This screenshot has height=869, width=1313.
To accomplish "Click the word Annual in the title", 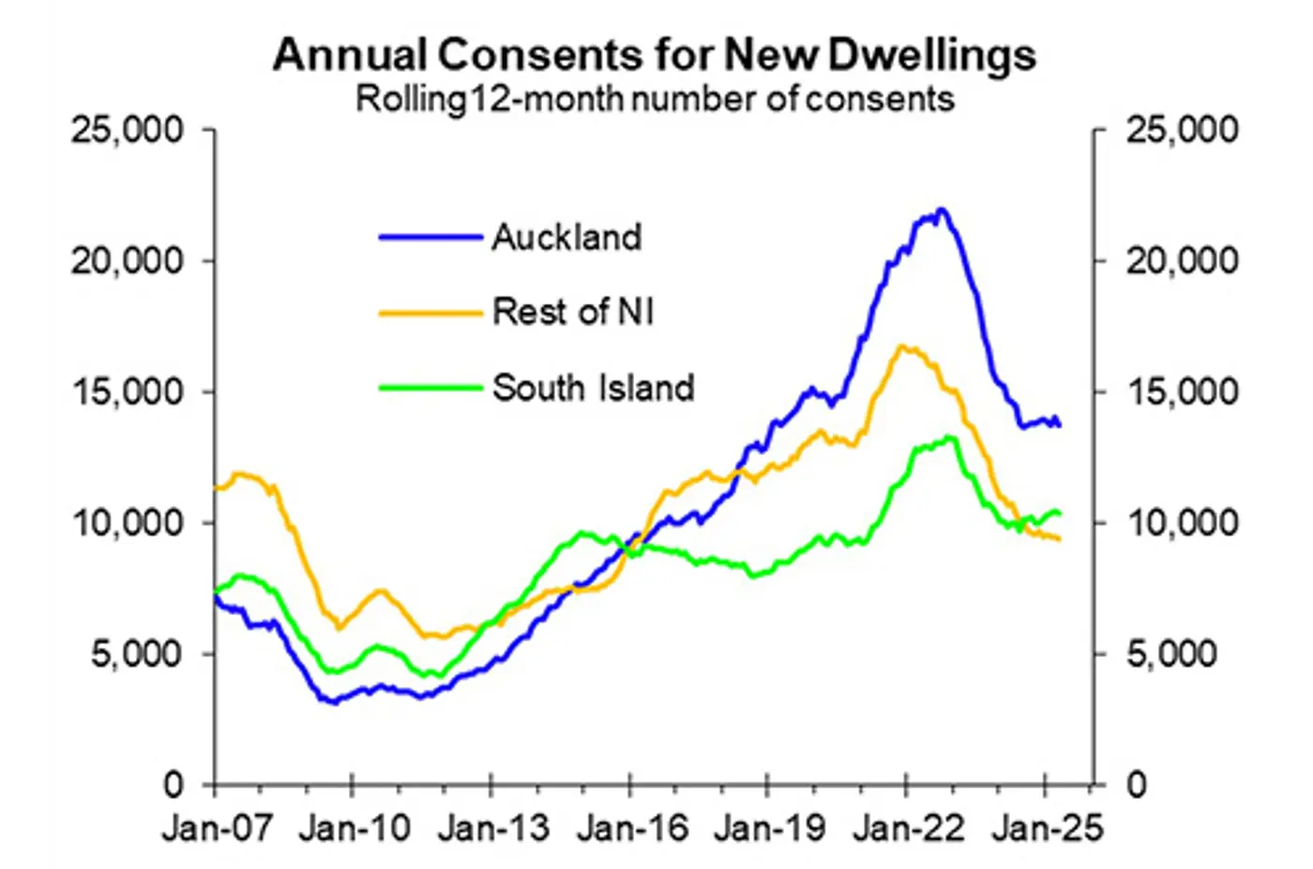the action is coord(349,54).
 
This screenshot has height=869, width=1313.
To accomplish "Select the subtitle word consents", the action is coord(880,98).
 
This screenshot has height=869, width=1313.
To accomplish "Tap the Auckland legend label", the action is coord(566,237).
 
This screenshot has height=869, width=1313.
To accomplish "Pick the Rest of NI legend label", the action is coord(573,312).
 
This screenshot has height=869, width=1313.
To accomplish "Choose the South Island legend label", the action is coord(593,387).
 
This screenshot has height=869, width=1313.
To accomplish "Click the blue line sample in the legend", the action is coord(430,237).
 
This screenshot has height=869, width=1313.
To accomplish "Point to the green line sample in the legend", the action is coord(430,387).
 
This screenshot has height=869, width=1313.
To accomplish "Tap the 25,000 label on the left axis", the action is coord(127,129).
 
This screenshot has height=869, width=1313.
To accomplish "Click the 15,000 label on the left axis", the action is coord(127,392).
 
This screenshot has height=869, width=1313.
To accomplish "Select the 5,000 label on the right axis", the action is coord(1171,653).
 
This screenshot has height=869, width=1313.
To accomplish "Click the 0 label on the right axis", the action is coord(1137,785).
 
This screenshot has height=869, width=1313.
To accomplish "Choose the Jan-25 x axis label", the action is coord(1048,828).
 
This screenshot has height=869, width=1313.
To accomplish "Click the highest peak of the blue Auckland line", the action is coord(942,209).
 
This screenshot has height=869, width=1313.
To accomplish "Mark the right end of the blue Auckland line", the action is coord(1060,426).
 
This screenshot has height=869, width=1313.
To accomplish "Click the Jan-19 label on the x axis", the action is coord(770,828).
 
